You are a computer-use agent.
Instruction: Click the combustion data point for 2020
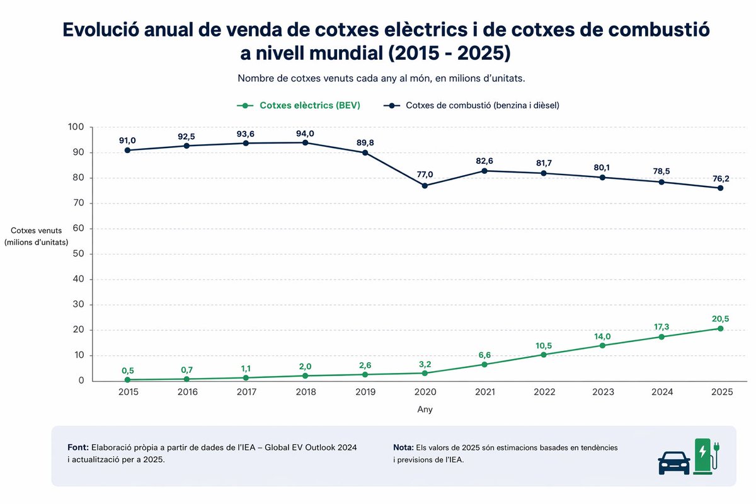coord(425,186)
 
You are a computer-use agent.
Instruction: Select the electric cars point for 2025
coord(721,328)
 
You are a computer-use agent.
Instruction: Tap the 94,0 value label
coord(306,132)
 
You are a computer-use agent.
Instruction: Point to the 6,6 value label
coord(484,355)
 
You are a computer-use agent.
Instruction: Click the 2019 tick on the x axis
coord(365,392)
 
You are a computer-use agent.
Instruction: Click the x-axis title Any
coord(425,409)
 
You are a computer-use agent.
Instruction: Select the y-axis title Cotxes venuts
coord(36,231)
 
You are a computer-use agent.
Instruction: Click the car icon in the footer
coord(673,462)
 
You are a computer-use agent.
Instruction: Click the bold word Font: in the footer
coord(78,447)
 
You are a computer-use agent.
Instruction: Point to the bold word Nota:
coord(403,447)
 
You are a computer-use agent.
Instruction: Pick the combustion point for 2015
coord(128,150)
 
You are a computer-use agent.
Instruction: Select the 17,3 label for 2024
coord(661,327)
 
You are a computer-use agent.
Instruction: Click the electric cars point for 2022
coord(544,354)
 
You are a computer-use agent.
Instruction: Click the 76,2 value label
coord(721,178)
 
